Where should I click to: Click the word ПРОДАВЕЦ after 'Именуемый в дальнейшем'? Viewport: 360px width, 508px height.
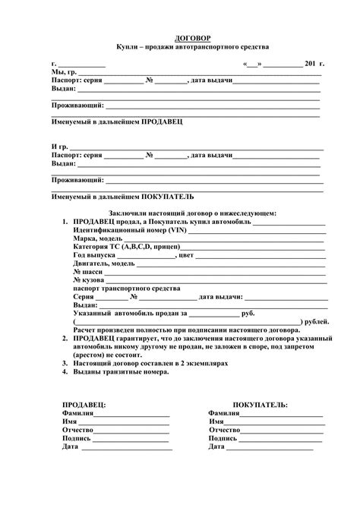point(162,121)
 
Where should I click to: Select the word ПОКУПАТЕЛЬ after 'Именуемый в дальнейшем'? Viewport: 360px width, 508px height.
point(165,196)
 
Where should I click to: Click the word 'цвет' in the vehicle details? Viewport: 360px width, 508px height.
point(187,255)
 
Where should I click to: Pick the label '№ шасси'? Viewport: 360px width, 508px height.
point(88,271)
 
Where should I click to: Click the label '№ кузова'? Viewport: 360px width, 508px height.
point(89,280)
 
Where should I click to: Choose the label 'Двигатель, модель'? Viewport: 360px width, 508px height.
point(104,263)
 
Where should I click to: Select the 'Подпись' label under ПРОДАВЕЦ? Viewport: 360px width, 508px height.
point(76,438)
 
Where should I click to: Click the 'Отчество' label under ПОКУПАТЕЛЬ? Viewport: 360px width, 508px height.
point(224,430)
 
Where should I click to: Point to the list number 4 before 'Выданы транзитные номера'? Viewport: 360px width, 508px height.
point(65,374)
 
